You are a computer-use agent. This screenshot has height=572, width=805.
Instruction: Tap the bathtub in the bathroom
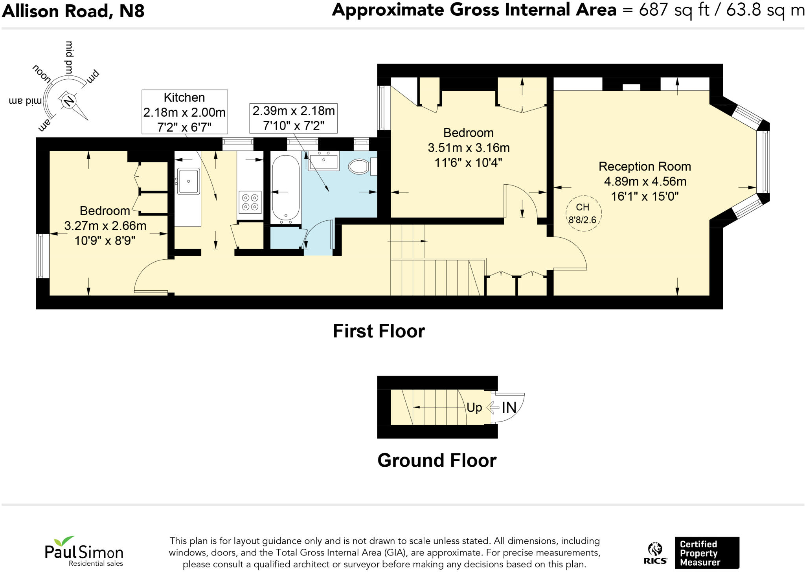[285, 188]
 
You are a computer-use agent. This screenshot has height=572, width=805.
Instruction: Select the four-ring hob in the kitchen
[250, 202]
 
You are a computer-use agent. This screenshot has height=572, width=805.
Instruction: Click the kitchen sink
[189, 181]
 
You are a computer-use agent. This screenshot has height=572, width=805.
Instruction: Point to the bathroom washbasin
[324, 161]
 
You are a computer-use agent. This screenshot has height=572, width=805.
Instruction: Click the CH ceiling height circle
[584, 213]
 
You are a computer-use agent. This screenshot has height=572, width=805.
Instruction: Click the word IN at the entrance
[509, 408]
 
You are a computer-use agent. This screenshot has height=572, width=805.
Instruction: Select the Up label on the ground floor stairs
[474, 408]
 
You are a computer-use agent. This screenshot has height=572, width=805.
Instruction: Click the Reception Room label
[645, 167]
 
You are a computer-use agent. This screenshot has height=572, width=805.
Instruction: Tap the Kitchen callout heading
[184, 97]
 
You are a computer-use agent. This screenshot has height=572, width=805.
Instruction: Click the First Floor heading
[379, 331]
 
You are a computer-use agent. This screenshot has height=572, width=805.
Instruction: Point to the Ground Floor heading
[437, 460]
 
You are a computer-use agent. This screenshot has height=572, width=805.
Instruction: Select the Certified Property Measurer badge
[707, 553]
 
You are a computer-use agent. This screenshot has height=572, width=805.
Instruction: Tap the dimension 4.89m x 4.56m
[645, 181]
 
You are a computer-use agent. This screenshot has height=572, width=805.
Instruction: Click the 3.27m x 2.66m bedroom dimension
[105, 226]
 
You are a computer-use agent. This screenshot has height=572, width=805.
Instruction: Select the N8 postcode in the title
[132, 11]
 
